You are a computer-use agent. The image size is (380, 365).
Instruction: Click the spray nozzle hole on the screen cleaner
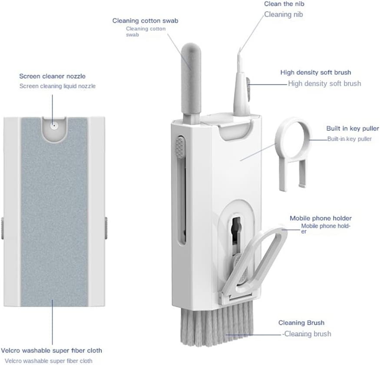(54, 126)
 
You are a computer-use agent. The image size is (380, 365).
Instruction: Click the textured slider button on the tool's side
(180, 147)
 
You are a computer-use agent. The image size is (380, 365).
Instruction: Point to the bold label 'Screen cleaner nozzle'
(53, 76)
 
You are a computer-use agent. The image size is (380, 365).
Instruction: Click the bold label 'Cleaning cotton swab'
(145, 20)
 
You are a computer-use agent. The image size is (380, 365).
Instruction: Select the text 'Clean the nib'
(284, 4)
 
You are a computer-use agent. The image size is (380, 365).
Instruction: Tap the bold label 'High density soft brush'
(316, 72)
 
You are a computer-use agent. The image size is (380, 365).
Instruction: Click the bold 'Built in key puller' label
(353, 128)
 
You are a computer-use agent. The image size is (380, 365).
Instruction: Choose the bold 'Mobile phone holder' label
(321, 218)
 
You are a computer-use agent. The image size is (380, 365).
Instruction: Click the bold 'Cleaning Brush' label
(301, 322)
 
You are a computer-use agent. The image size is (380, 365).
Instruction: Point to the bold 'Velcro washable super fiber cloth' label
(51, 351)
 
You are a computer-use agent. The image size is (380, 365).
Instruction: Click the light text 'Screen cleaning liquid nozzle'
(57, 86)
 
